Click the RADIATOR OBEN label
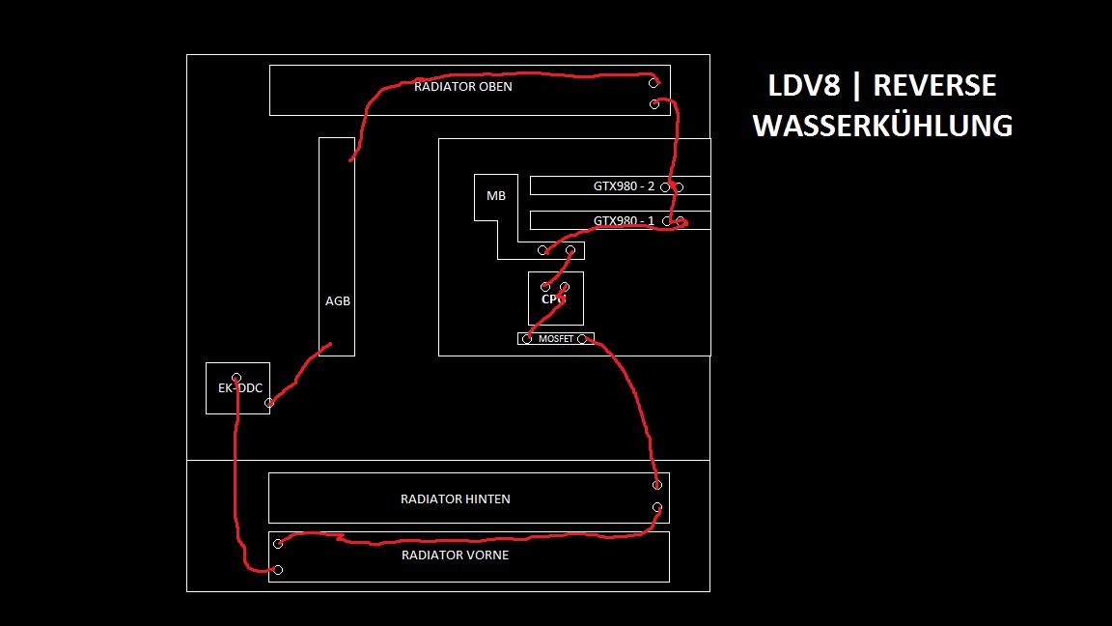coord(463,87)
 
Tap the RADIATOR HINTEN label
coord(456,498)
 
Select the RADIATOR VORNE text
coord(456,555)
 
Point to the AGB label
coord(338,301)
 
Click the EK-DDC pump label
coord(240,388)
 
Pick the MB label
coord(496,196)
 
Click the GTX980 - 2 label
coord(625,185)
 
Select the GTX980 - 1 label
coord(625,220)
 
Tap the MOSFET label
coord(556,339)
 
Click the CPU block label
coord(553,299)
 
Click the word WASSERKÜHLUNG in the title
coord(882,126)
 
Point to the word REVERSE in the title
coord(934,85)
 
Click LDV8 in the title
coord(804,85)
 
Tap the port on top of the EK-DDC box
coord(236,379)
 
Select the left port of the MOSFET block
coord(527,339)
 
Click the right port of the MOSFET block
coord(582,339)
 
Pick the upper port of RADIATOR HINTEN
coord(657,485)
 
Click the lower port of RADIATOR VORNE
coord(278,570)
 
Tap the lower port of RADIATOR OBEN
coord(654,104)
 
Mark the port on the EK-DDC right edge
coord(268,403)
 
